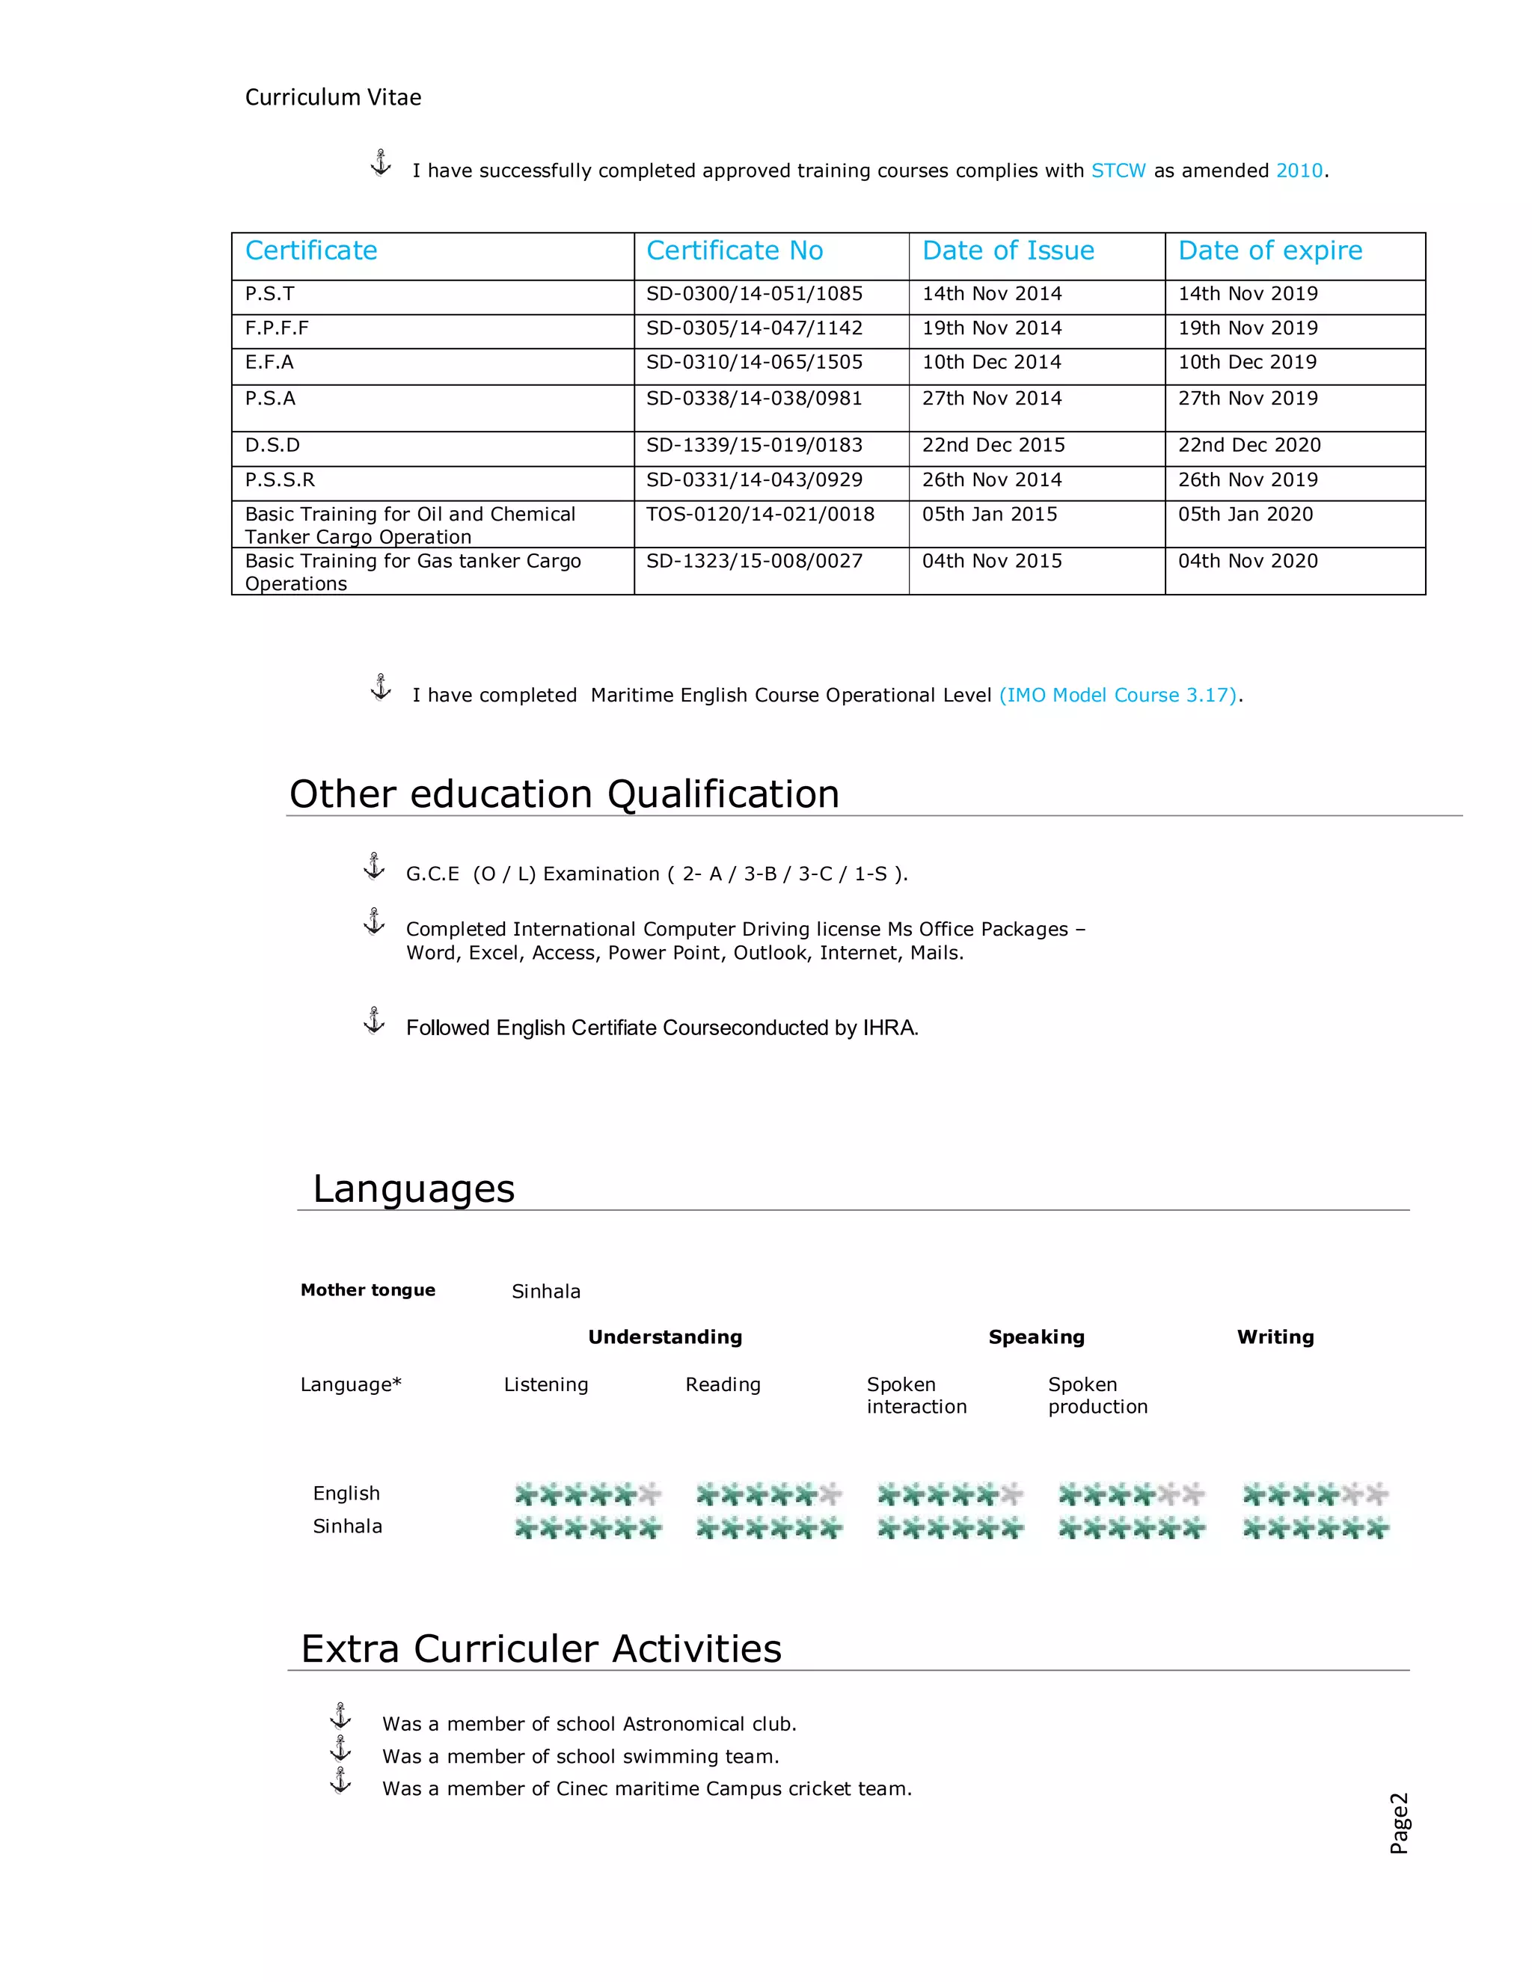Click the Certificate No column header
[x=735, y=251]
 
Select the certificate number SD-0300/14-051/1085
[x=753, y=294]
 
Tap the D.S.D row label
[x=272, y=446]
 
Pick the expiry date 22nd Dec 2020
[x=1248, y=446]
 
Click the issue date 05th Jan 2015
[x=989, y=515]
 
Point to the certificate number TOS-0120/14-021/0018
[x=760, y=515]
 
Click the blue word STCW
[x=1118, y=171]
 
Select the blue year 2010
[x=1299, y=171]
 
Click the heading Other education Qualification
[x=563, y=794]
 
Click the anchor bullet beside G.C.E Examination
[x=374, y=866]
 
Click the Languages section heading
[x=414, y=1189]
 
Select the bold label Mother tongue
[x=367, y=1289]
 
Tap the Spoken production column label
[x=1097, y=1396]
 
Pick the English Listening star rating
[x=587, y=1494]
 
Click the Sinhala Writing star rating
[x=1315, y=1528]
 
